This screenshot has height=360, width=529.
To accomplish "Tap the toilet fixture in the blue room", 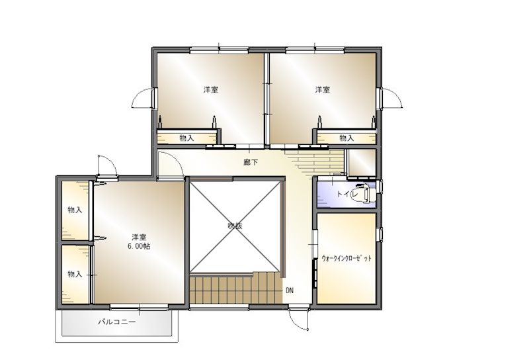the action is [364, 193].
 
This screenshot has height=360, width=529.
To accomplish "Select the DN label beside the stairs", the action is [290, 290].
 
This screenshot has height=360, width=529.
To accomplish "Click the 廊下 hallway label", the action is [251, 162].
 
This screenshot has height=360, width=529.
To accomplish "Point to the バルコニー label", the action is [117, 322].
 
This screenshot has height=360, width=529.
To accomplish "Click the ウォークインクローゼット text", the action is [346, 258].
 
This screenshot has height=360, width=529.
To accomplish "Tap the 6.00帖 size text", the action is [139, 247].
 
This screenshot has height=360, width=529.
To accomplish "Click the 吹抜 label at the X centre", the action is [235, 226].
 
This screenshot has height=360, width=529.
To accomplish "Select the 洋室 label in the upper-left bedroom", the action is [210, 90].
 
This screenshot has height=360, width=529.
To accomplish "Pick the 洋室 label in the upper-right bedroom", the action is [323, 90].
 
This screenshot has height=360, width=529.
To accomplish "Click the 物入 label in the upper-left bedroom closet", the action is [186, 138].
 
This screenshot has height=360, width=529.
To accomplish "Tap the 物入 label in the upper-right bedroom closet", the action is [346, 138].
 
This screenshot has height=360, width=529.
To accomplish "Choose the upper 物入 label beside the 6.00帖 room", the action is [75, 210].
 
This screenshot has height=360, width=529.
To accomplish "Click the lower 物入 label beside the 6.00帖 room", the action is [75, 274].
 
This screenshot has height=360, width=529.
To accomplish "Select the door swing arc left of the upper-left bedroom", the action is [138, 94].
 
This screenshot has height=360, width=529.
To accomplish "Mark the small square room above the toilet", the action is [362, 162].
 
